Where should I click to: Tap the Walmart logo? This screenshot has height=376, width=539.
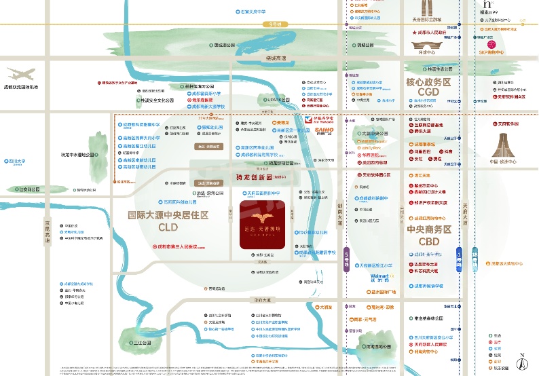pyautogui.click(x=379, y=276)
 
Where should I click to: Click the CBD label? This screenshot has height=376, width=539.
pyautogui.click(x=429, y=241)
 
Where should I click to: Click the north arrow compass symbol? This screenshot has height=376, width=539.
pyautogui.click(x=521, y=362)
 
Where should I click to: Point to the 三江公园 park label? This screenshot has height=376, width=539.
pyautogui.click(x=140, y=343)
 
